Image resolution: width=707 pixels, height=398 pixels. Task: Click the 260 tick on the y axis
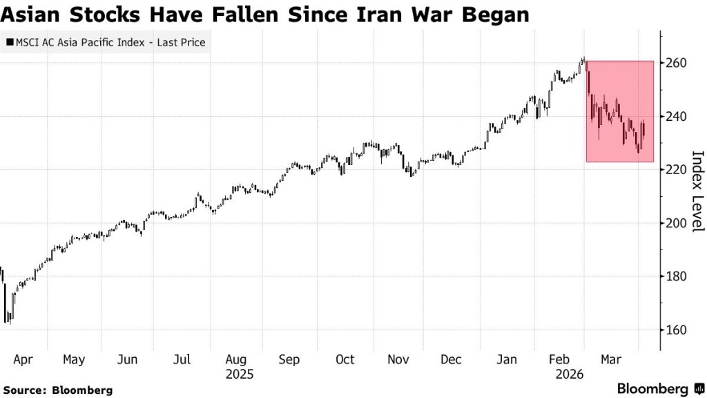676,63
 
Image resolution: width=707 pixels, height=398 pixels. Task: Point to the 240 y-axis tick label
676,116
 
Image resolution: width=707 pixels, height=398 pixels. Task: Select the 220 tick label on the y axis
676,169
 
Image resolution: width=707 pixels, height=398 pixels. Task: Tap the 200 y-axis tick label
676,223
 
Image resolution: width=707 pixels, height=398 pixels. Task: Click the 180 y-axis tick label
676,276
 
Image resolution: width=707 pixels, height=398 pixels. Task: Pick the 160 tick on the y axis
676,330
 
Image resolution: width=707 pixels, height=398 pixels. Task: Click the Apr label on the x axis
23,359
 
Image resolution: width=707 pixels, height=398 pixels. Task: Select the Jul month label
181,359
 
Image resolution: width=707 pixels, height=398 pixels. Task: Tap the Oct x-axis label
345,359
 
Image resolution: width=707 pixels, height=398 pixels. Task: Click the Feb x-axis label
559,359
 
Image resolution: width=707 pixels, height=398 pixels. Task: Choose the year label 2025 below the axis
238,375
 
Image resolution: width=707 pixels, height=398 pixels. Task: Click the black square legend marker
9,43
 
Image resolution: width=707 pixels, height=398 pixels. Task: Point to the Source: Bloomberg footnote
57,390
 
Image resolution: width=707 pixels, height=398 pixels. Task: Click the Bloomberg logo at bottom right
659,389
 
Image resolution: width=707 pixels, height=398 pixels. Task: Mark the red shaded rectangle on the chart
619,111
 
